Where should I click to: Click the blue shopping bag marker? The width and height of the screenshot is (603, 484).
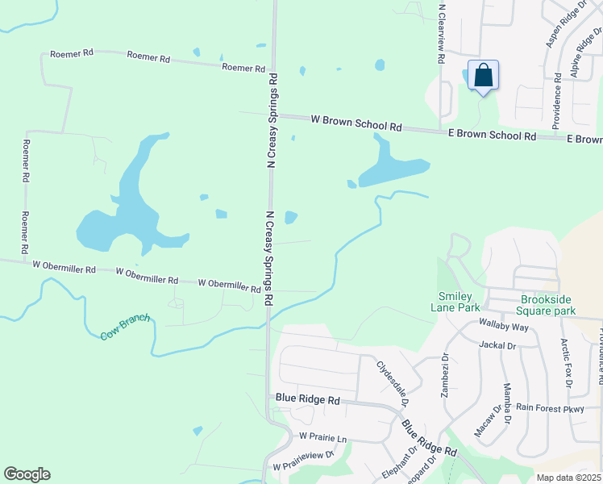483,76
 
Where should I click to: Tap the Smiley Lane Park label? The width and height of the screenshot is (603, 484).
459,301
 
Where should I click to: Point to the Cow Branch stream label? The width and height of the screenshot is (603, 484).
126,326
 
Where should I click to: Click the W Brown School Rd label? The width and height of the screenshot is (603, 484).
356,123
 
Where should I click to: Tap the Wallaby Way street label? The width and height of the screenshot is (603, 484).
503,327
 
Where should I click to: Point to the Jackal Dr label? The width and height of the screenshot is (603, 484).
497,345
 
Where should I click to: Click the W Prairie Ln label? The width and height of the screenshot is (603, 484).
322,437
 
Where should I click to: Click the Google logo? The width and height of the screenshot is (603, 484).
27,474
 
